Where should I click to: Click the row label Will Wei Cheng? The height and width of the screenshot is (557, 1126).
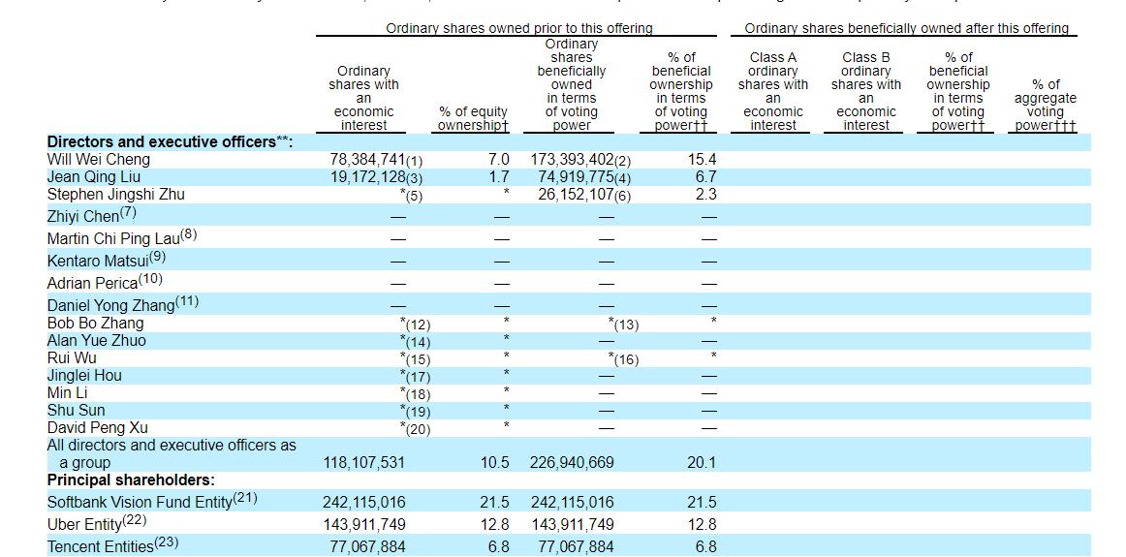coord(98,159)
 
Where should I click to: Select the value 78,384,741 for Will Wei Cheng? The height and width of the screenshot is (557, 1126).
coord(369,159)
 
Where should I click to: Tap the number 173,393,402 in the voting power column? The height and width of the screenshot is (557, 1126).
coord(572,159)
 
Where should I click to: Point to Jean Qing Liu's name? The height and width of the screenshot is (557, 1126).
coord(94,176)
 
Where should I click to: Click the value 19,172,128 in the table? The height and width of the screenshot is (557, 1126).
coord(369,176)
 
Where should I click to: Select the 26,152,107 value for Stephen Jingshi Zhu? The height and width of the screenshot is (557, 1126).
coord(578,194)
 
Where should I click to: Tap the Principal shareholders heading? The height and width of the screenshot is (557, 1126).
coord(131,480)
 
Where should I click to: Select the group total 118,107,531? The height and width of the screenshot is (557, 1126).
coord(363,463)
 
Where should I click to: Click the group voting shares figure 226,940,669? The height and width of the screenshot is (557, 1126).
coord(572,463)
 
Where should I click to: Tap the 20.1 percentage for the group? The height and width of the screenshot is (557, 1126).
coord(702,463)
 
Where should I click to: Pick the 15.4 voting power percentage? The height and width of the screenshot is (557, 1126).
coord(702,159)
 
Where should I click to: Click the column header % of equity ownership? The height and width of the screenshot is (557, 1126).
coord(473,119)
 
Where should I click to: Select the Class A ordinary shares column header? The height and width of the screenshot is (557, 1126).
coord(773,91)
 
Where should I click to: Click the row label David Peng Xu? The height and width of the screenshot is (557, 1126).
coord(98,427)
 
